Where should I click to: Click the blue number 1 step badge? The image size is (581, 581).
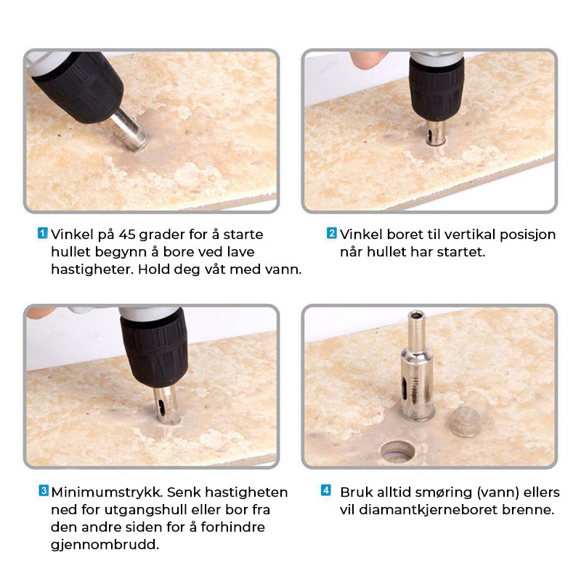tap(43, 233)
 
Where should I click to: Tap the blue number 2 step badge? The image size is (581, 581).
tap(331, 233)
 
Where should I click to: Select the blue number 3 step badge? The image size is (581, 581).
tap(44, 491)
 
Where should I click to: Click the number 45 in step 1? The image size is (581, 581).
tap(127, 235)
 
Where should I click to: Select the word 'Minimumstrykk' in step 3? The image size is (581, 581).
tap(107, 492)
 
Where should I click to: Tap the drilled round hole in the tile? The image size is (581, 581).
tap(397, 451)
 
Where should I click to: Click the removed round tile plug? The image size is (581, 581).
tap(466, 421)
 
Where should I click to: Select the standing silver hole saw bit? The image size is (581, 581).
tap(418, 366)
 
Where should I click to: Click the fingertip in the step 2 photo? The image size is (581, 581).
tap(368, 60)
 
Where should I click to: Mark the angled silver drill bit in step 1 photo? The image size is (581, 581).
tap(129, 131)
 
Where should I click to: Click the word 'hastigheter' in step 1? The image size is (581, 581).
tap(92, 269)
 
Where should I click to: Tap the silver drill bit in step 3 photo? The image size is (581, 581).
tap(166, 405)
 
